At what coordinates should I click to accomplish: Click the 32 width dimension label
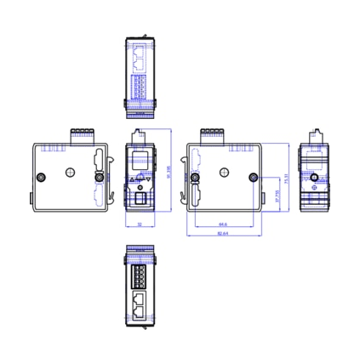pyautogui.click(x=138, y=224)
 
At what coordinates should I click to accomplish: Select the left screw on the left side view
pyautogui.click(x=43, y=178)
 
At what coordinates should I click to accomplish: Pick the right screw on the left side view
pyautogui.click(x=98, y=178)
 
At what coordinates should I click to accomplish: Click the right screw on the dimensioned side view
pyautogui.click(x=253, y=178)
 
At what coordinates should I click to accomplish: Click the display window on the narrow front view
pyautogui.click(x=138, y=160)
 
